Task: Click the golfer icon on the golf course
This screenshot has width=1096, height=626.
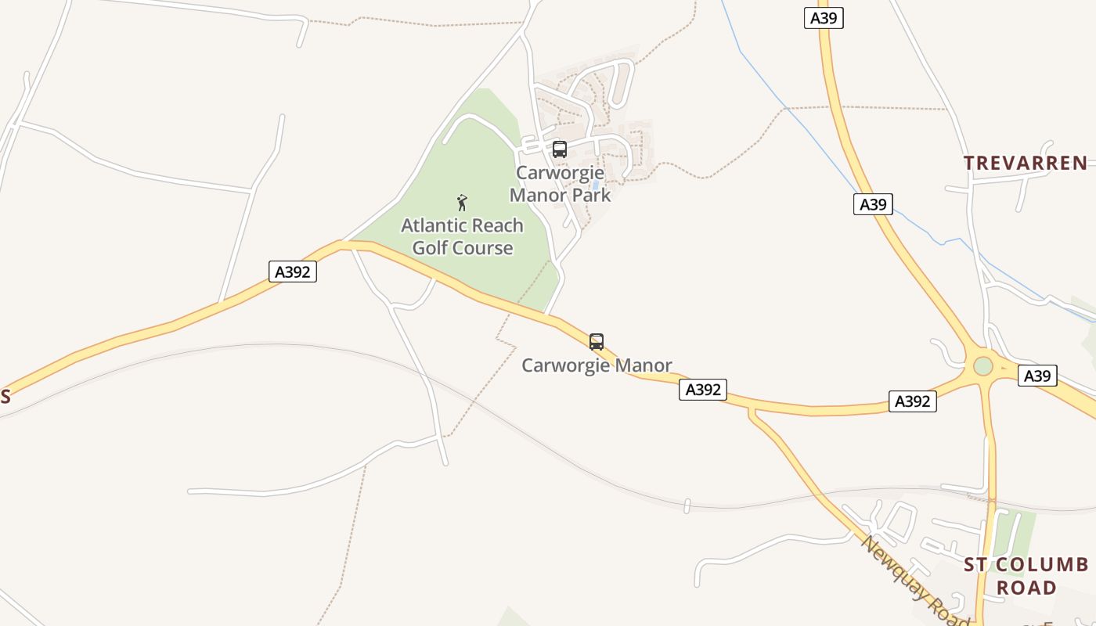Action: (462, 203)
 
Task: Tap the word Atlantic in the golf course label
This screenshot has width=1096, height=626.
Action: (434, 225)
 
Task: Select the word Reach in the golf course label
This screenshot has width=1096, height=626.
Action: (498, 225)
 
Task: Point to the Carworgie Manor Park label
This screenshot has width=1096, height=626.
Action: (560, 184)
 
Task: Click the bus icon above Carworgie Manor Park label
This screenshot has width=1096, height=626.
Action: (560, 149)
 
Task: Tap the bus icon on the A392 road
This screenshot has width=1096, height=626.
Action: (597, 342)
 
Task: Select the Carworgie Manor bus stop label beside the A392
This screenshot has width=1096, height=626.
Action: (597, 365)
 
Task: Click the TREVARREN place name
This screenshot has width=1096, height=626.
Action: (1025, 163)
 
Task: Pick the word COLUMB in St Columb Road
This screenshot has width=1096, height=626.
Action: (1048, 565)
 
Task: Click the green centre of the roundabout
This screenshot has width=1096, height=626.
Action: (983, 366)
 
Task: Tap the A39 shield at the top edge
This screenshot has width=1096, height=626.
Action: (824, 18)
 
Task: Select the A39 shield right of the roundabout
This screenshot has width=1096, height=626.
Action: (1037, 376)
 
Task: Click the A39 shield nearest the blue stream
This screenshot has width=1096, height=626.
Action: (873, 204)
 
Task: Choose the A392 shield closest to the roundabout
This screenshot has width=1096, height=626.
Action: (913, 401)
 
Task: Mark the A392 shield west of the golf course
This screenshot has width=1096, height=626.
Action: (294, 272)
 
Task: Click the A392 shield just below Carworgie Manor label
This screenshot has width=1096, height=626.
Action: (703, 389)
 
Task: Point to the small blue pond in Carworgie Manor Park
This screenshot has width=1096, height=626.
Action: (596, 185)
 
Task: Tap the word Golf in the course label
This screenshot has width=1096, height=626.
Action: (431, 248)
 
